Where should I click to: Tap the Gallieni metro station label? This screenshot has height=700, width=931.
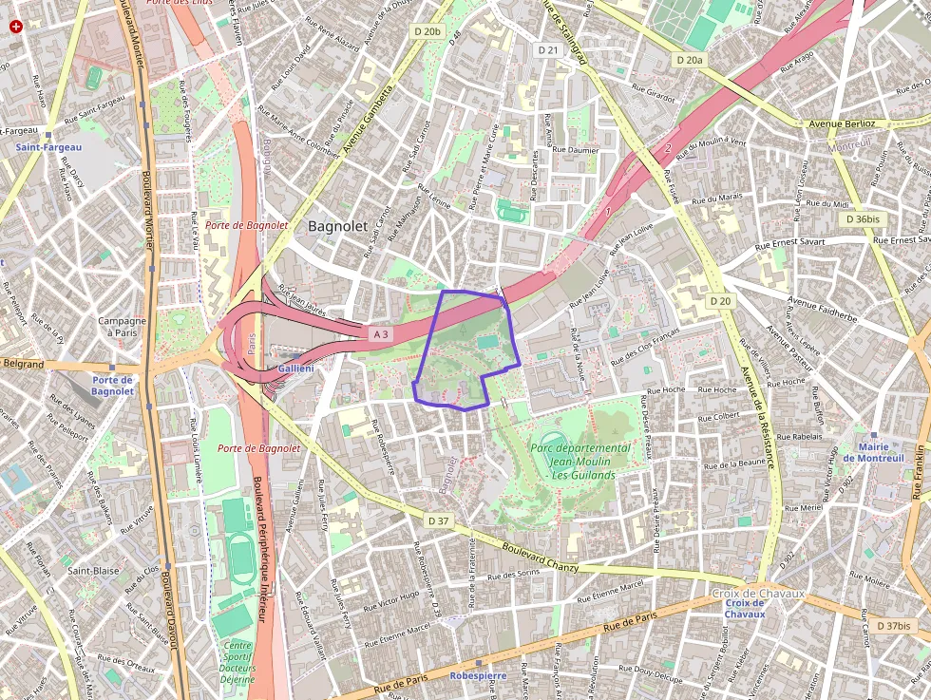coord(296,368)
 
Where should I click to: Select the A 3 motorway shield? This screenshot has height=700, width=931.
coord(381,334)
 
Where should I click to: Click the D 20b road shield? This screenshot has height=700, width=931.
coord(427,31)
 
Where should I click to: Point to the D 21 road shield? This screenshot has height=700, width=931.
coord(548,49)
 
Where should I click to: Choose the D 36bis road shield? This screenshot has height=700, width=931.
coord(863,218)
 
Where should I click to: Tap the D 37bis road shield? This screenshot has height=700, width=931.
coord(893,626)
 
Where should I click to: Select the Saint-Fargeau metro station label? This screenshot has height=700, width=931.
coord(48,147)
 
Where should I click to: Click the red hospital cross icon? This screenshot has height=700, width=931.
coord(15,27)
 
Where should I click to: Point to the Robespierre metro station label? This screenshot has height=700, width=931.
coord(478,676)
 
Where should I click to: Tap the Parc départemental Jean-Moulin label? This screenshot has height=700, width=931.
coord(579,454)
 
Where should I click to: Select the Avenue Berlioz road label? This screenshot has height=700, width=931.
coord(841,123)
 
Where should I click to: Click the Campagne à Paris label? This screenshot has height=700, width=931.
coord(122,327)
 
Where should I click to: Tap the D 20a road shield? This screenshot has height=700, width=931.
coord(691,60)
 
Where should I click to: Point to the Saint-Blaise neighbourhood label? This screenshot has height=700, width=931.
coord(93,571)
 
